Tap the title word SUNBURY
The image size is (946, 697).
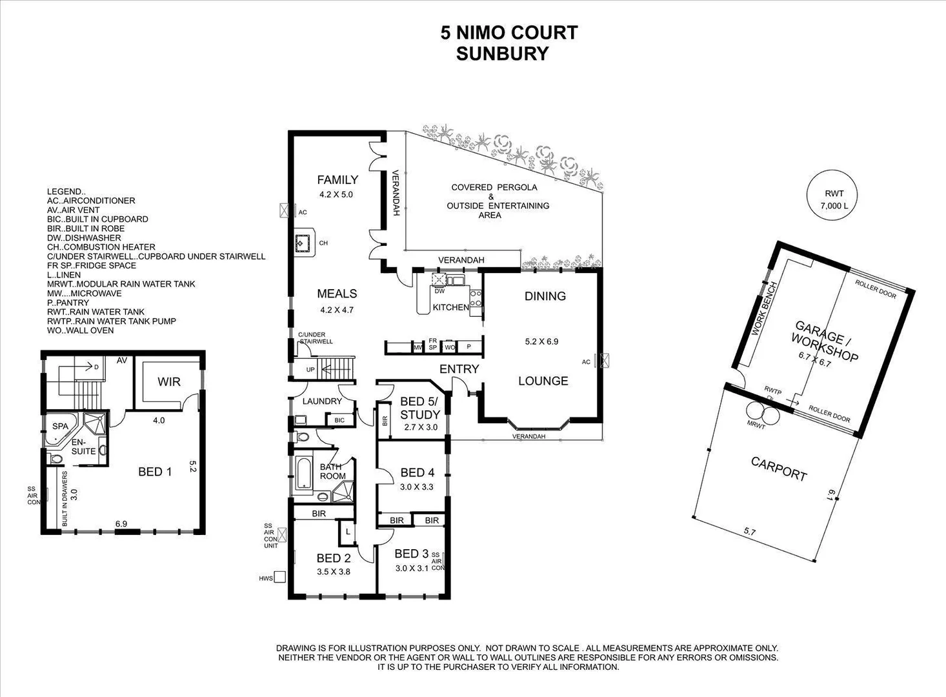[x=502, y=54]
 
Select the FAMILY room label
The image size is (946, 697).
[x=337, y=180]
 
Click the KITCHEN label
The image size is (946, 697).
[x=450, y=307]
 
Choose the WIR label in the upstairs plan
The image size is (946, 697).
[x=169, y=382]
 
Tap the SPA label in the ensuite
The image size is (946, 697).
[x=60, y=427]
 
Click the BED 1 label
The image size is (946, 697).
[x=155, y=472]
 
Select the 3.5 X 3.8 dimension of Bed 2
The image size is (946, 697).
[x=333, y=571]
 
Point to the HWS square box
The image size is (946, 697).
[x=280, y=577]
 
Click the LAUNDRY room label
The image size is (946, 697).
[x=322, y=401]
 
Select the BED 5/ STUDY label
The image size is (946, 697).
[x=419, y=409]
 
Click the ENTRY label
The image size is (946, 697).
[x=459, y=369]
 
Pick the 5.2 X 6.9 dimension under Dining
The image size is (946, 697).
[x=541, y=341]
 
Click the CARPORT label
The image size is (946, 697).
[x=779, y=469]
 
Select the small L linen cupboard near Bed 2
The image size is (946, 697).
[x=348, y=532]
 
